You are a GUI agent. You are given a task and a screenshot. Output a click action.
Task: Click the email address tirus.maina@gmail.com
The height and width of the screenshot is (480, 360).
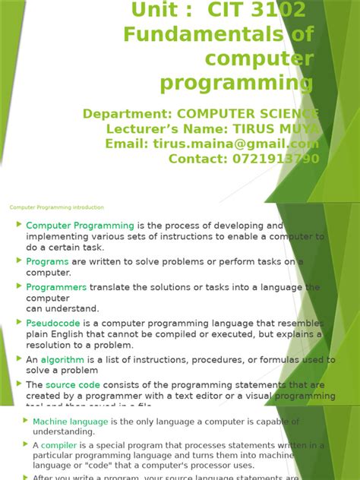pyautogui.click(x=241, y=144)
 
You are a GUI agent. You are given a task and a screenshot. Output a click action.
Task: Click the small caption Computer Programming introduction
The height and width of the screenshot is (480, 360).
pyautogui.click(x=57, y=207)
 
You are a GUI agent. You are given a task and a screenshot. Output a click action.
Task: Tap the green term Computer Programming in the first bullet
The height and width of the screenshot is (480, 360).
pyautogui.click(x=80, y=226)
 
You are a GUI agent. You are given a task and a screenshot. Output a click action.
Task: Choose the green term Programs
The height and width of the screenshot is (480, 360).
pyautogui.click(x=47, y=262)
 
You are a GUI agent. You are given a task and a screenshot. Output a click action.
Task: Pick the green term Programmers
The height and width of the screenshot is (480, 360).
pyautogui.click(x=56, y=287)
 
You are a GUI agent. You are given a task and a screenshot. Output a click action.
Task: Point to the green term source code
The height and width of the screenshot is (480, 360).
pyautogui.click(x=73, y=385)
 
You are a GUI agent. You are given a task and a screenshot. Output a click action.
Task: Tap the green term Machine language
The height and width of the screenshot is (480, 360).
pyautogui.click(x=70, y=422)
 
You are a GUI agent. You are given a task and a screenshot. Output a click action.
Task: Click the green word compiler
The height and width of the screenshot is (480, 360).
pyautogui.click(x=58, y=445)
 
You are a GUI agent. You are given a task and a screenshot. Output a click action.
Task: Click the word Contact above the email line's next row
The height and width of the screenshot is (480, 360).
pyautogui.click(x=195, y=158)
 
